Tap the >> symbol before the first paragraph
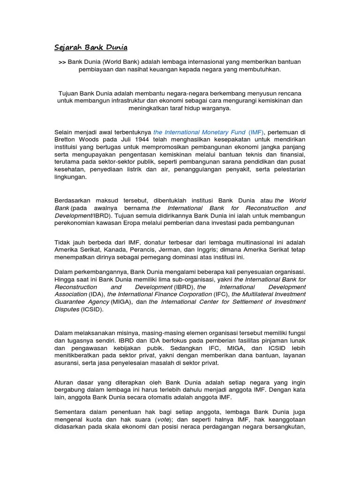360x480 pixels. [62, 62]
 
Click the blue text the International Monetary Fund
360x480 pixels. [199, 133]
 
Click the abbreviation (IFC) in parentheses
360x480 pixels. [222, 294]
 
